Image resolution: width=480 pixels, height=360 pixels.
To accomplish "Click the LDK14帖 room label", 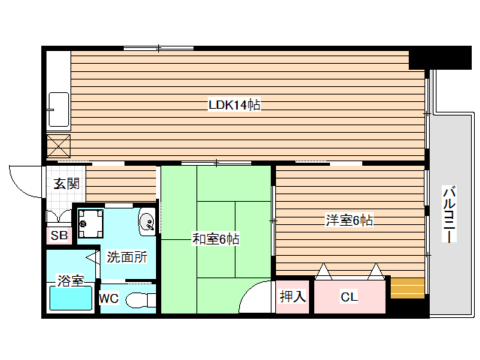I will (x=234, y=106).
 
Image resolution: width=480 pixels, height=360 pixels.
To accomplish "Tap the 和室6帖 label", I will (x=216, y=239).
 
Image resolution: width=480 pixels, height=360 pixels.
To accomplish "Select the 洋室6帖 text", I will (x=349, y=220).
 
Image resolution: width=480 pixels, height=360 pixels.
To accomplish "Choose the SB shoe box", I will (x=58, y=235).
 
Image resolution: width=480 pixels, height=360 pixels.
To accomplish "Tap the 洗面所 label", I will (x=126, y=256).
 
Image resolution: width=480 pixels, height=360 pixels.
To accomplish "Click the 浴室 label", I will (x=70, y=281).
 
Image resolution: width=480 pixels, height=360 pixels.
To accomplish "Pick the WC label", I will (x=109, y=298).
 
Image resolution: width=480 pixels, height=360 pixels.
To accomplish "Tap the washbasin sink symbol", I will (x=148, y=222).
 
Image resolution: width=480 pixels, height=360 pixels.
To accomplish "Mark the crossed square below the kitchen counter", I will (x=58, y=144).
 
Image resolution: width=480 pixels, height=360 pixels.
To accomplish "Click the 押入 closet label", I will (x=292, y=297).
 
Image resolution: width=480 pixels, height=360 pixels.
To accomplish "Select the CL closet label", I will (x=349, y=297).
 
